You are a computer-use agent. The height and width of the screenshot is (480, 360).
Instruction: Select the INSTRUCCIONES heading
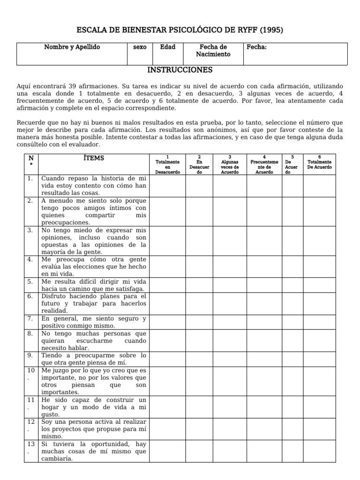[x=180, y=70]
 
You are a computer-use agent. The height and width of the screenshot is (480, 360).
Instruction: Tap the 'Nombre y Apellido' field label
[x=72, y=47]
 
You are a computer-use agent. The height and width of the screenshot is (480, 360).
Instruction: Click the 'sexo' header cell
[x=140, y=47]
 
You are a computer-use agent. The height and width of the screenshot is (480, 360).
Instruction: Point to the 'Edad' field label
[x=167, y=47]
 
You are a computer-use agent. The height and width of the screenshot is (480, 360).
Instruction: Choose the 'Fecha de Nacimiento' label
[x=213, y=51]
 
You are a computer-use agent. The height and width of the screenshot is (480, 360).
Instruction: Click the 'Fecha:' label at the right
[x=256, y=47]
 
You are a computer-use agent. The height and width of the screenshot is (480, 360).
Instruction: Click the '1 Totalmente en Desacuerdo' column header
[x=167, y=164]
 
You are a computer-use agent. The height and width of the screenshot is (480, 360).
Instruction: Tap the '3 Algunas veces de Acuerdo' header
[x=230, y=164]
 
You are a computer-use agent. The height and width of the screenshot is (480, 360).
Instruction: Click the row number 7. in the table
[x=30, y=318]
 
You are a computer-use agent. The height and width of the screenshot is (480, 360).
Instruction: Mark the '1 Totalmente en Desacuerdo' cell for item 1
[x=167, y=186]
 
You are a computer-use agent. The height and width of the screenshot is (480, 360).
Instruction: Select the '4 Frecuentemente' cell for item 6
[x=264, y=303]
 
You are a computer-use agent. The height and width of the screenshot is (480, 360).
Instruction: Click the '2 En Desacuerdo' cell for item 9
[x=199, y=359]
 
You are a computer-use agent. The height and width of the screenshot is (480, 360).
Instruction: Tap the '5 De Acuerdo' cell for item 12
[x=292, y=429]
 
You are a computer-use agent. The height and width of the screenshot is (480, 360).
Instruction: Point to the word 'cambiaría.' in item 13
[x=57, y=458]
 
